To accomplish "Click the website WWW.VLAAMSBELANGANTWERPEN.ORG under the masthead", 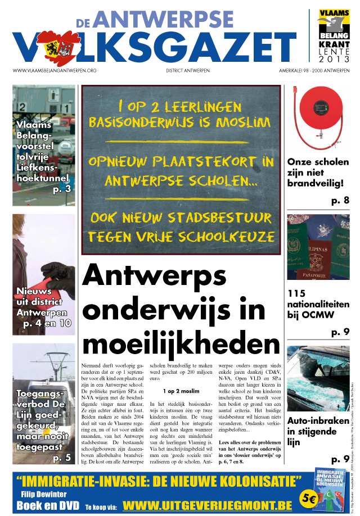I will (55, 70).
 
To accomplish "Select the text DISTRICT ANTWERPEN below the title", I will (188, 70).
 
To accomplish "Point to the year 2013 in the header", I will (334, 59).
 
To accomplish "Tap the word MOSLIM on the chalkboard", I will (245, 121).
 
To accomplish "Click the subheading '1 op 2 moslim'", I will (181, 391).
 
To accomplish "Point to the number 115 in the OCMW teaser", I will (296, 293).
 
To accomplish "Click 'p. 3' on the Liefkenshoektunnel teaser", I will (62, 189).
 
